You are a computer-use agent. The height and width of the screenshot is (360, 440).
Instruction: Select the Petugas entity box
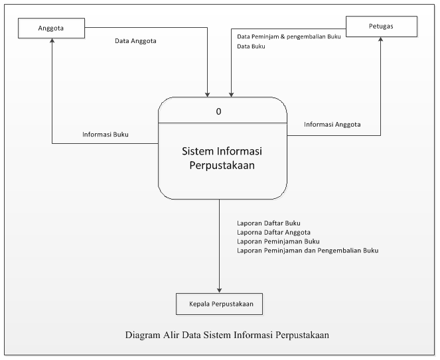[x=381, y=26]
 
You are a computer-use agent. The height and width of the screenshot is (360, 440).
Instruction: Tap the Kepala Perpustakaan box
[x=220, y=304]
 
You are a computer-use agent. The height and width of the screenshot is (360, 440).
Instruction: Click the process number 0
[x=219, y=111]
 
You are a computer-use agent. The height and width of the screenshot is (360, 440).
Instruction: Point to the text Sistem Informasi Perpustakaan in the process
[x=222, y=157]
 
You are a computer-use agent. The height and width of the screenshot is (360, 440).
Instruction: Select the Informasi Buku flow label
[x=106, y=134]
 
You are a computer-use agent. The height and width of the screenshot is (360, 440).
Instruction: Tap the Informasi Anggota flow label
[x=332, y=124]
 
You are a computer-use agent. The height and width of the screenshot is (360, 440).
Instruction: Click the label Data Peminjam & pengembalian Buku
[x=289, y=36]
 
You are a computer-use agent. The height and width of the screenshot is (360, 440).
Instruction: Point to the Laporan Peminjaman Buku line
[x=278, y=241]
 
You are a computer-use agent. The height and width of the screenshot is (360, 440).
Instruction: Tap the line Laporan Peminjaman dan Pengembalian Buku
[x=307, y=251]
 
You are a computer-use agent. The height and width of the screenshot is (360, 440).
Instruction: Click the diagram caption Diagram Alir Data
[x=227, y=335]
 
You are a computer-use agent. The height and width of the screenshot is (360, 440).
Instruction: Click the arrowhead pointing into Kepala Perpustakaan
[x=219, y=289]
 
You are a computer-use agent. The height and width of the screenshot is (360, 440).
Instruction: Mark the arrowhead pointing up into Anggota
[x=52, y=41]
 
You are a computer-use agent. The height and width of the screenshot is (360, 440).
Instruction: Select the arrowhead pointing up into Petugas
[x=381, y=40]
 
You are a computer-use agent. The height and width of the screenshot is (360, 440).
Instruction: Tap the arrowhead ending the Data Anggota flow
[x=208, y=93]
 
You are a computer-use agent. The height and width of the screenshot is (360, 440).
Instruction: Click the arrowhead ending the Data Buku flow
[x=231, y=93]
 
